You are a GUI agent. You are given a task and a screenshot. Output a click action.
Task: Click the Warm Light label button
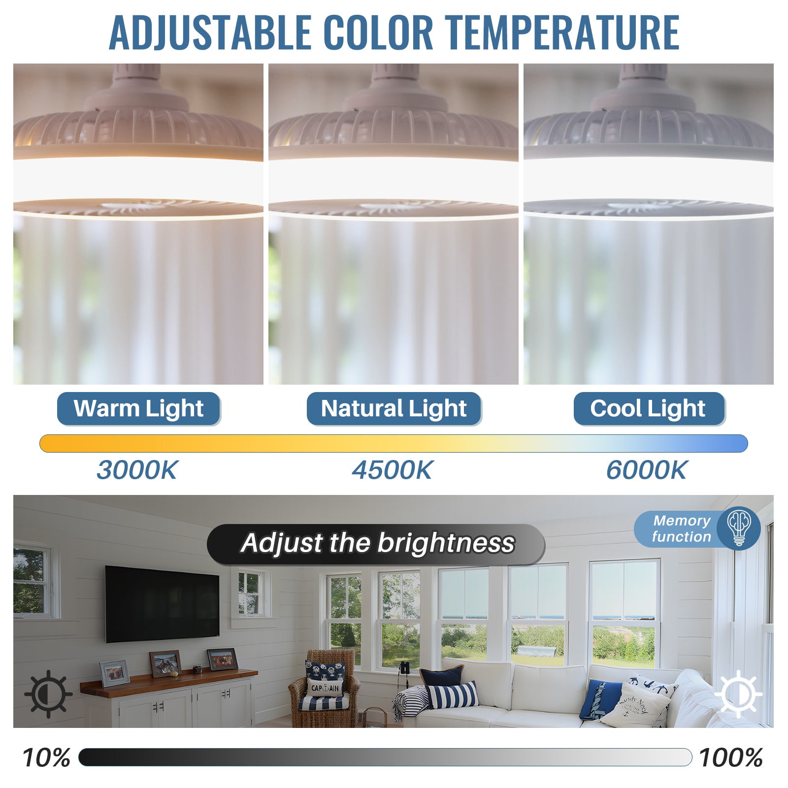(138, 408)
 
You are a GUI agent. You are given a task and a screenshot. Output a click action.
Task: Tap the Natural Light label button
(394, 408)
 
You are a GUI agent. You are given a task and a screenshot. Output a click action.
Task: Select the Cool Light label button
(648, 408)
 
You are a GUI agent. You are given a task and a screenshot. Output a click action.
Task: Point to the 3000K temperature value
(137, 470)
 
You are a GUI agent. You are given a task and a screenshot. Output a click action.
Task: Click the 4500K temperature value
(392, 470)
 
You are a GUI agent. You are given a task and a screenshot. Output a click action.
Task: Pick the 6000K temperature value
(647, 470)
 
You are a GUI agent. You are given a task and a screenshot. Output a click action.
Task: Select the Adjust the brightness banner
(376, 544)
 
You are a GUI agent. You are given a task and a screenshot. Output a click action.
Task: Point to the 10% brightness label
(46, 757)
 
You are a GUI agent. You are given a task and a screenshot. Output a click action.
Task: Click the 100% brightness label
(731, 757)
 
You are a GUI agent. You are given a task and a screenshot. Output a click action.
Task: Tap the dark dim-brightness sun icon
(48, 693)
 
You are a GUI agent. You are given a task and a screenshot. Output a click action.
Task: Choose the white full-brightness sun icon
(738, 693)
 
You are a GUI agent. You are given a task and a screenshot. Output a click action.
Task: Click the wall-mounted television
(162, 604)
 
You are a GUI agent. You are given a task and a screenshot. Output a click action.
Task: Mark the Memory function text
(682, 528)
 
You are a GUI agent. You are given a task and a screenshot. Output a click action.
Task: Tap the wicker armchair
(325, 689)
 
